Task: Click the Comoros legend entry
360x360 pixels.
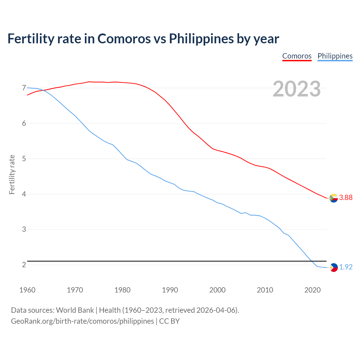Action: click(297, 56)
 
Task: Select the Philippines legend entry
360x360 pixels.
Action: click(335, 56)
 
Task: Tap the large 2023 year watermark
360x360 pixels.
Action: click(297, 89)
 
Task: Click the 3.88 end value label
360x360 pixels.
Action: click(346, 198)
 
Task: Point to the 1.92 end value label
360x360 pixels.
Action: click(346, 267)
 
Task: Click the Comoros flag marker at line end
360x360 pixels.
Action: click(334, 198)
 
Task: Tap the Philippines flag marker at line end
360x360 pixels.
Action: click(334, 267)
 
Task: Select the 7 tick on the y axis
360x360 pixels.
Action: click(24, 88)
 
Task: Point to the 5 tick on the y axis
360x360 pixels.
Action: click(24, 159)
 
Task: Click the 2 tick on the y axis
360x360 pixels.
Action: click(24, 265)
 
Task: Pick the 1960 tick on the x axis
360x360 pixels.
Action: click(27, 290)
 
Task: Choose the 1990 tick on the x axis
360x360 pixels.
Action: click(170, 290)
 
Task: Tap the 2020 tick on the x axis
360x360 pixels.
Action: click(312, 290)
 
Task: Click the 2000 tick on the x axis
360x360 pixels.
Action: click(217, 290)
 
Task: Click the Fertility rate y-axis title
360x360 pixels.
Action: click(12, 174)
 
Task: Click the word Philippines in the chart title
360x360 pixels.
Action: click(201, 39)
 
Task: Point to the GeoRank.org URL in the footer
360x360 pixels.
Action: click(82, 321)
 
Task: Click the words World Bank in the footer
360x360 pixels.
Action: click(75, 310)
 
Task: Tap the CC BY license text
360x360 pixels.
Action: click(169, 321)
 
